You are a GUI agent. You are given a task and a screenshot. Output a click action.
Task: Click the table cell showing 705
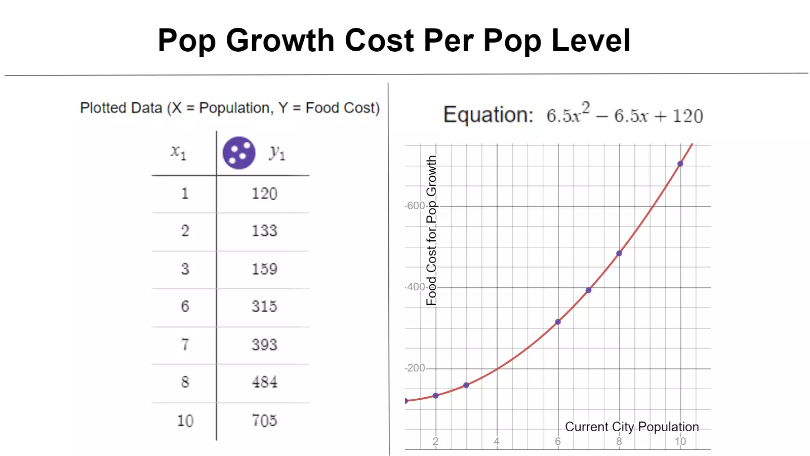coord(264,421)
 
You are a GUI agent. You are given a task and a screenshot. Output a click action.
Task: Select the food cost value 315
coord(264,306)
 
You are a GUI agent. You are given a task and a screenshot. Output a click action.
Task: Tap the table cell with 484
coord(264,382)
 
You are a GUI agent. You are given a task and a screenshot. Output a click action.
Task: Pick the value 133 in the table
coord(264,231)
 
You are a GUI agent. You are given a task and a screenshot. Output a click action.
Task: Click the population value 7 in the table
coord(185,345)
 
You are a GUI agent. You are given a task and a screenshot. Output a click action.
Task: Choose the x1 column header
coord(178,151)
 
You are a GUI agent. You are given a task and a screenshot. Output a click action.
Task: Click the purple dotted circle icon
coord(239,153)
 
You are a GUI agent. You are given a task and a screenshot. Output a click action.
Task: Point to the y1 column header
coord(277,153)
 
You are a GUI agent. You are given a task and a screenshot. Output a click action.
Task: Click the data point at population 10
coord(680,164)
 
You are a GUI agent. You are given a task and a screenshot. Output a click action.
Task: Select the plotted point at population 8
coord(619,253)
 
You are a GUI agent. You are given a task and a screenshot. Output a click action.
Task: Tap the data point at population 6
coord(558,322)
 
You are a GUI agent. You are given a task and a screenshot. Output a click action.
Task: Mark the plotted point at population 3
coord(466,385)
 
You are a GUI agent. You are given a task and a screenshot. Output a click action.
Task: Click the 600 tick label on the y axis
coord(416,206)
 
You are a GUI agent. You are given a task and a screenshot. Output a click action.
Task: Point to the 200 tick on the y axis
coord(416,368)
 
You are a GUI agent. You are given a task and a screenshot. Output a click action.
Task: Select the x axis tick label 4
coord(497,441)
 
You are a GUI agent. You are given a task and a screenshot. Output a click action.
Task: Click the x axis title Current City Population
coord(632,427)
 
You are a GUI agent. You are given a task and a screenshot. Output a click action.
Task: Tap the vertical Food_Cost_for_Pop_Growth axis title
coord(431,231)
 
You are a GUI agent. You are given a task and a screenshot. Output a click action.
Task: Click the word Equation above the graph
coord(488,115)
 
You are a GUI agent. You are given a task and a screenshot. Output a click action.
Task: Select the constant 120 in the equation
coord(687,116)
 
